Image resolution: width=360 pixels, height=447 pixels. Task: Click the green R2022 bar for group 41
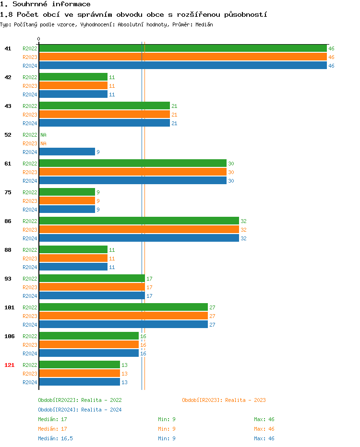pyautogui.click(x=182, y=48)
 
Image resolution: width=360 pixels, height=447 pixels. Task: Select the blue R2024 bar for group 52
pyautogui.click(x=67, y=152)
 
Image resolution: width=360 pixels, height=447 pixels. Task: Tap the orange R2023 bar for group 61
pyautogui.click(x=132, y=172)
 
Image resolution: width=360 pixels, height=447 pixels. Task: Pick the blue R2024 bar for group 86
pyautogui.click(x=139, y=238)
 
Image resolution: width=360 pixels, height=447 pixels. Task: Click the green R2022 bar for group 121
pyautogui.click(x=79, y=365)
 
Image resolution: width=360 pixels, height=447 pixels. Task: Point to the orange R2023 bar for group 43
pyautogui.click(x=104, y=115)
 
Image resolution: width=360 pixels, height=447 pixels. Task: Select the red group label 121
pyautogui.click(x=9, y=365)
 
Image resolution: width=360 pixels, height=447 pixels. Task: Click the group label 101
pyautogui.click(x=9, y=307)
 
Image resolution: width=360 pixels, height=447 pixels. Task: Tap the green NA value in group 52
pyautogui.click(x=43, y=135)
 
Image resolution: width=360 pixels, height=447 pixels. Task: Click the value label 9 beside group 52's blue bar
pyautogui.click(x=98, y=152)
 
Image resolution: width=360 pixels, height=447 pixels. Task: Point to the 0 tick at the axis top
pyautogui.click(x=39, y=39)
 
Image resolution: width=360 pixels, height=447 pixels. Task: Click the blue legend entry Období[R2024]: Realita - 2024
pyautogui.click(x=80, y=410)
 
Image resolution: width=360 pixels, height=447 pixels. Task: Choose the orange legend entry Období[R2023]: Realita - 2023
pyautogui.click(x=224, y=400)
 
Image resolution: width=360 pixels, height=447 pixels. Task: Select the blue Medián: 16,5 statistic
pyautogui.click(x=55, y=438)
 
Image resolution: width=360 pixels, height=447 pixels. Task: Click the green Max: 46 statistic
pyautogui.click(x=264, y=419)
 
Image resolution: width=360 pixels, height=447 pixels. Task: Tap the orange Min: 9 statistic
pyautogui.click(x=167, y=429)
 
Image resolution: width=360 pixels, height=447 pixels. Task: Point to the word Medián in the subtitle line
pyautogui.click(x=204, y=24)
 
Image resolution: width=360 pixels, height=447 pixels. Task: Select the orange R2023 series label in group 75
pyautogui.click(x=30, y=201)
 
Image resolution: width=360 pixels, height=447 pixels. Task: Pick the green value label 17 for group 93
pyautogui.click(x=149, y=279)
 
